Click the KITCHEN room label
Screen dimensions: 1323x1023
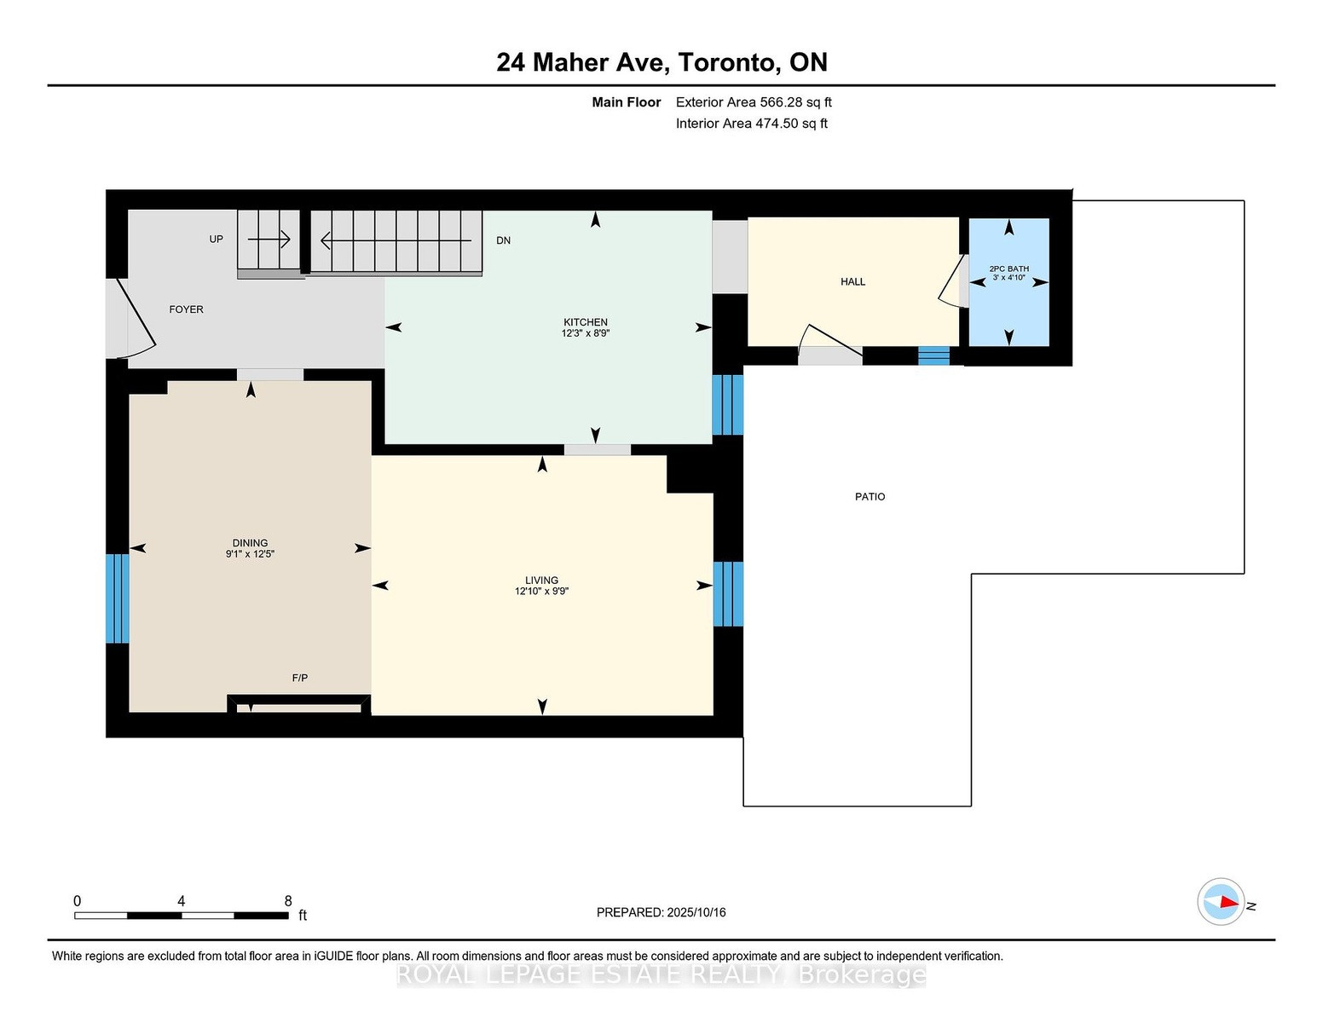(x=585, y=322)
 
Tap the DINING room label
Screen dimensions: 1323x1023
(x=250, y=543)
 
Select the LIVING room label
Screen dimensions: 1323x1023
(x=541, y=580)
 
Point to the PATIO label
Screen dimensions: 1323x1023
(x=869, y=497)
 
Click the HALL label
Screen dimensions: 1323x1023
(x=852, y=282)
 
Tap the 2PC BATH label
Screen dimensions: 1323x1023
(x=1008, y=269)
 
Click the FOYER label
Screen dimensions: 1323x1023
(x=187, y=309)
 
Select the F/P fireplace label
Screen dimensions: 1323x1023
(x=299, y=678)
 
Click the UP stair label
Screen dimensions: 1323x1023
(x=217, y=240)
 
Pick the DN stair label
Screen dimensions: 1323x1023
(x=503, y=240)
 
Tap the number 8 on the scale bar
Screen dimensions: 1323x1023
(x=288, y=901)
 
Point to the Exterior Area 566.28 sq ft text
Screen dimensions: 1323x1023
(x=754, y=102)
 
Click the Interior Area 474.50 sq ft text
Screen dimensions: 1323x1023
(x=751, y=124)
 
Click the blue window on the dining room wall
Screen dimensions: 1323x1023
(x=118, y=598)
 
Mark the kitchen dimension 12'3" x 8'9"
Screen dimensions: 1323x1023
(x=585, y=333)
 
